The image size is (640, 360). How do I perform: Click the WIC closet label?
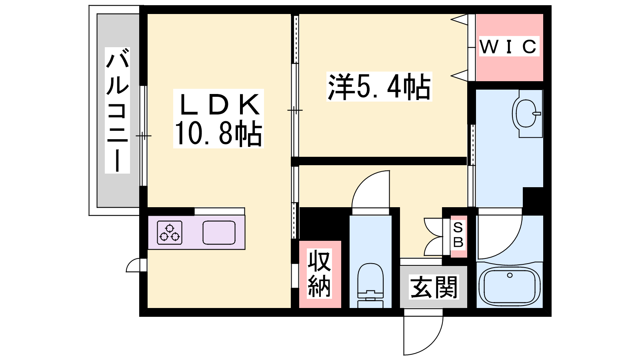point(508,46)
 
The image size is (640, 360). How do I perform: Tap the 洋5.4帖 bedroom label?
point(379,86)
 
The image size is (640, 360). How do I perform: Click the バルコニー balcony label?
point(117,110)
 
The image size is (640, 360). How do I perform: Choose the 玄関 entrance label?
point(434,286)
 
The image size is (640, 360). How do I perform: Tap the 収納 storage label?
point(320,274)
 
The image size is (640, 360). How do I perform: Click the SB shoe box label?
point(458,235)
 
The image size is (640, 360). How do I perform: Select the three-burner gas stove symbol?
point(170,232)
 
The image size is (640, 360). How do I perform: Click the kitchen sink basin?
point(219,232)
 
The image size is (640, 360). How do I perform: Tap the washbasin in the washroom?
point(525,114)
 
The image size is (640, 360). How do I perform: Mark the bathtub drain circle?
point(510,276)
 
